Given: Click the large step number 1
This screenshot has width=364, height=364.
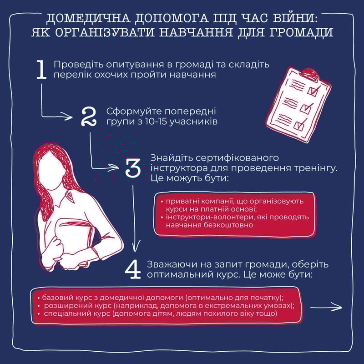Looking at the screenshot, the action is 42,70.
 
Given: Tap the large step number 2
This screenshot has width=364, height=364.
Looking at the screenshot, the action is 89,117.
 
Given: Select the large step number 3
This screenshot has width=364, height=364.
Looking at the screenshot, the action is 133,167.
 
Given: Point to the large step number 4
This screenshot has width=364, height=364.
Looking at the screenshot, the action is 133,270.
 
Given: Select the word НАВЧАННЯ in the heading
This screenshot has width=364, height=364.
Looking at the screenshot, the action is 196,32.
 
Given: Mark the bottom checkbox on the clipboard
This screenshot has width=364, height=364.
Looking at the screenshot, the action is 298,125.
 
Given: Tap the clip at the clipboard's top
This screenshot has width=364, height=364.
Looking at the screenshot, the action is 309,73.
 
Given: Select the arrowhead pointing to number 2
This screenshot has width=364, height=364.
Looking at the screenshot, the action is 69,116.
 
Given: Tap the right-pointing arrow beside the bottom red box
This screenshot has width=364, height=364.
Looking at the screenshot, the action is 326,308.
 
